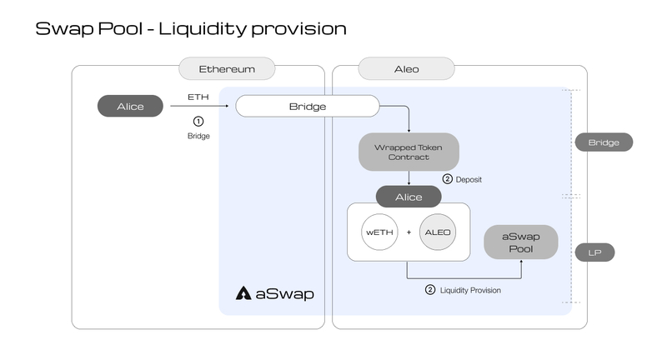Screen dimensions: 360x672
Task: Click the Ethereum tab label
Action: pos(228,68)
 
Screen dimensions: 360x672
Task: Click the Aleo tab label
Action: pos(406,68)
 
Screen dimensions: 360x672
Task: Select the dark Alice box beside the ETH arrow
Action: pos(130,106)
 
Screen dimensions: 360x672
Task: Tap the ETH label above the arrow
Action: pos(198,97)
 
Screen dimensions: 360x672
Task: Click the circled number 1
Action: pos(198,121)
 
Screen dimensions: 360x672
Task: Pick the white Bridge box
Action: pos(308,107)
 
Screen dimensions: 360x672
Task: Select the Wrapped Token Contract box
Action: pos(409,152)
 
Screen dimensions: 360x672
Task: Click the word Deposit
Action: pos(469,179)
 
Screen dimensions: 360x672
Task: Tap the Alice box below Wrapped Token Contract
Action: pos(409,197)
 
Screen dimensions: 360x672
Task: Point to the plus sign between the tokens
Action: pos(409,232)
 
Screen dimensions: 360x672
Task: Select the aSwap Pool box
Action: pos(521,242)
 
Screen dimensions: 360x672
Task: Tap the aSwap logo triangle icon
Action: pos(244,293)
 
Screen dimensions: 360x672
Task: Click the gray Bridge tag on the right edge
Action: pos(604,142)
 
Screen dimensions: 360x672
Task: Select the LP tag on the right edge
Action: pos(594,252)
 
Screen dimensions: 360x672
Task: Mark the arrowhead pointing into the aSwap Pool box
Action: pos(521,262)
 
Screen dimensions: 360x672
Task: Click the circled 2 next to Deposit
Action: pos(447,179)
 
